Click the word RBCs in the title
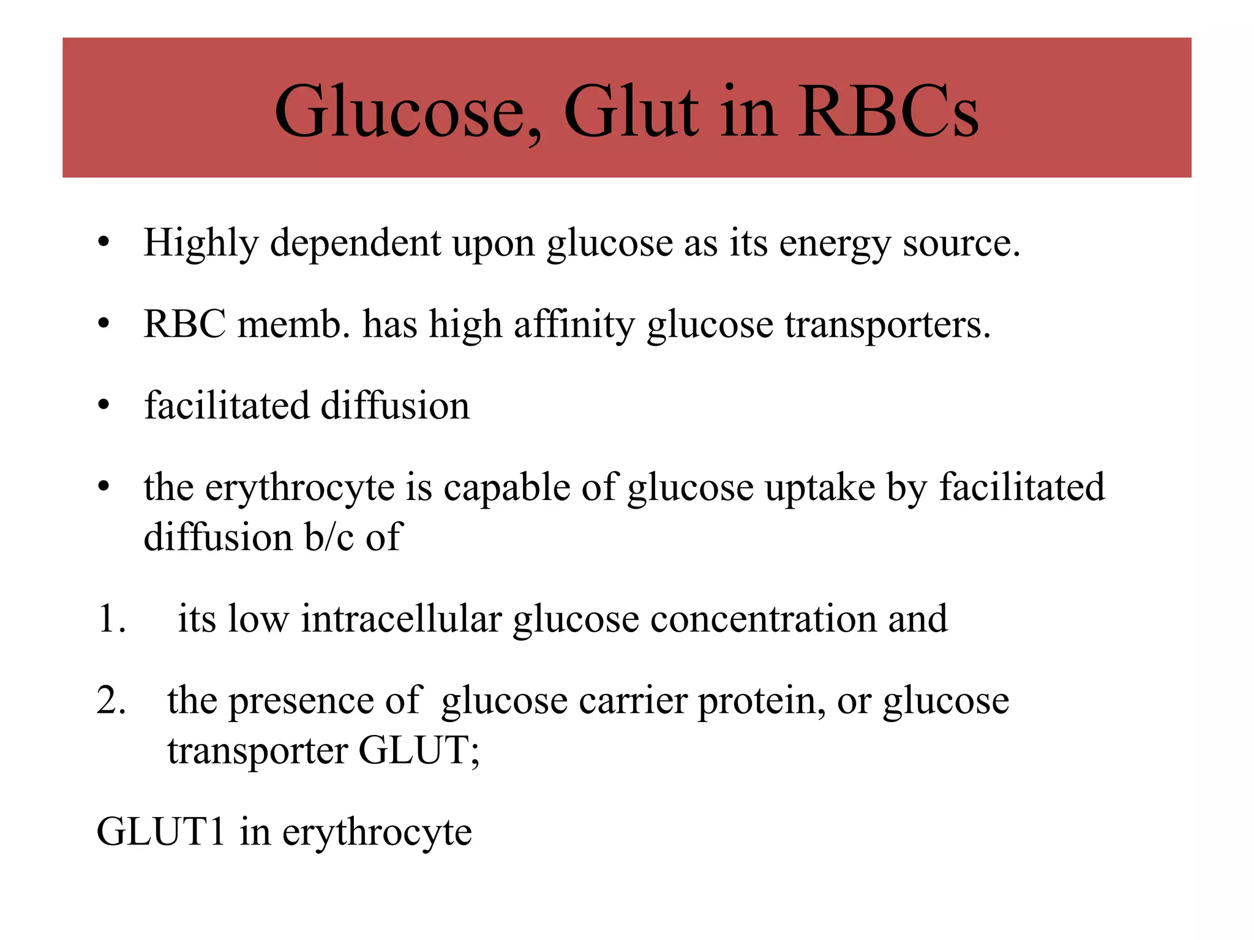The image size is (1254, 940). click(x=888, y=113)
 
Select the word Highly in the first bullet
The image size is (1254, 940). click(x=201, y=244)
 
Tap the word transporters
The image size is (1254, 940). click(x=887, y=325)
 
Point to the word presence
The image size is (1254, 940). click(x=301, y=701)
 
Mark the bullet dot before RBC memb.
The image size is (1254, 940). click(x=104, y=324)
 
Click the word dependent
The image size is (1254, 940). click(x=355, y=244)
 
